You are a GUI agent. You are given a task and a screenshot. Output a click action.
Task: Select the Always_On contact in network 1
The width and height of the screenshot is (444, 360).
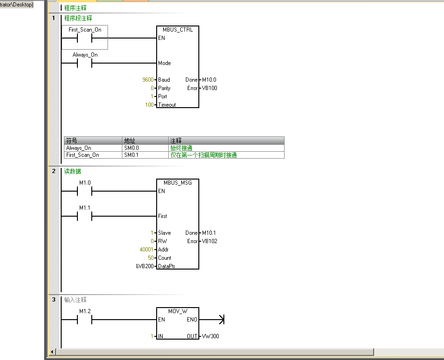85,63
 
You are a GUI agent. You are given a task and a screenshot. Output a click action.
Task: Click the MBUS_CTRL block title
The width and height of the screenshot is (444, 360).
178,29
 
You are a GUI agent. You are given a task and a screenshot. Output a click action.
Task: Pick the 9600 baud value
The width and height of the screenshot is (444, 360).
148,80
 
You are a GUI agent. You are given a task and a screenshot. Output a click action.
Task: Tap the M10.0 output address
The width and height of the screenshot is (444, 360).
209,80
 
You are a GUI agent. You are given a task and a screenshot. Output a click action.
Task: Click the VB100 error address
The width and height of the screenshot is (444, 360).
209,88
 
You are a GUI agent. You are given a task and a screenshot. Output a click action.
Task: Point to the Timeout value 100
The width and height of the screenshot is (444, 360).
149,105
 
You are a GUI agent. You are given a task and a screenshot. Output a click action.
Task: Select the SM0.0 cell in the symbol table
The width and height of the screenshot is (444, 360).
132,148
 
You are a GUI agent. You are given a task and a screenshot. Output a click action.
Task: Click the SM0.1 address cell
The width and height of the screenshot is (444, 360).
132,155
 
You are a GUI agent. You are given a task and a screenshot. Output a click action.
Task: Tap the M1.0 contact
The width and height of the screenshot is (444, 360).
85,191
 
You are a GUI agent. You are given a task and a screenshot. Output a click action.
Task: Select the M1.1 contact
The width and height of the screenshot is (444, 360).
85,216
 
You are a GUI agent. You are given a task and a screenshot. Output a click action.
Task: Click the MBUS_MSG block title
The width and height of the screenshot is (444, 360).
178,182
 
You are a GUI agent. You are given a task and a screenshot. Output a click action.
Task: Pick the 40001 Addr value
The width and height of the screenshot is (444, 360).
146,250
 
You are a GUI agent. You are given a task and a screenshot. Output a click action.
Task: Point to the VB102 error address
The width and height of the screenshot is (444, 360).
209,241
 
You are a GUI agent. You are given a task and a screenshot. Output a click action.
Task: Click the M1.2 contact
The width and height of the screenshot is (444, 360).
85,320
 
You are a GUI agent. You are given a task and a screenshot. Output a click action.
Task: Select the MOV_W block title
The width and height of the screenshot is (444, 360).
178,311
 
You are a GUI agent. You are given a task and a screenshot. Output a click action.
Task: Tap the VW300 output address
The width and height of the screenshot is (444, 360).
210,336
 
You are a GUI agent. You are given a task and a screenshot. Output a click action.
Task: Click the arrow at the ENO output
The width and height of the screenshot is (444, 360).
221,320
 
